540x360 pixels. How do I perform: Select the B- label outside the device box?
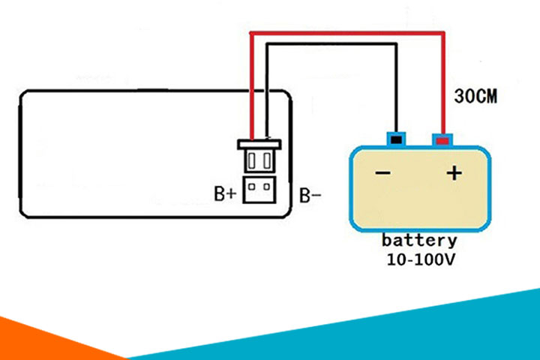click(311, 196)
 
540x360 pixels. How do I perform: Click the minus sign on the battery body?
click(383, 174)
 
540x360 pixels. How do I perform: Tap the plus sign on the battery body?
click(454, 173)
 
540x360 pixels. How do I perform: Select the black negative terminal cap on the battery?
click(395, 139)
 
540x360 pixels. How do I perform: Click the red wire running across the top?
click(345, 33)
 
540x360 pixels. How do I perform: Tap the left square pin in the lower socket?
click(253, 187)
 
